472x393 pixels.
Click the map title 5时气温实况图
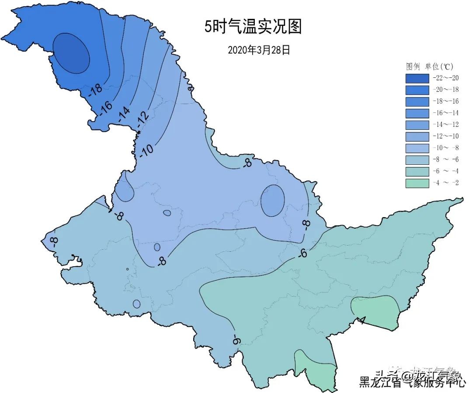point(253,27)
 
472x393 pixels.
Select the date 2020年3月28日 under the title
point(259,50)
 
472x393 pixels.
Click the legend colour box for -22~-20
point(417,78)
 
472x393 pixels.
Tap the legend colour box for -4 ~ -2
point(417,183)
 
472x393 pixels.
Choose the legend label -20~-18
point(445,90)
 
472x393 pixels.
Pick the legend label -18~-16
point(445,101)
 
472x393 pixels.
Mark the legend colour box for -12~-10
point(417,136)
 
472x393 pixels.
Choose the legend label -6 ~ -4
point(445,171)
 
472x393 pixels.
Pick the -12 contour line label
point(142,117)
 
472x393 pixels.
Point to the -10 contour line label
point(147,150)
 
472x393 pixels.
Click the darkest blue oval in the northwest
point(72,53)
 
